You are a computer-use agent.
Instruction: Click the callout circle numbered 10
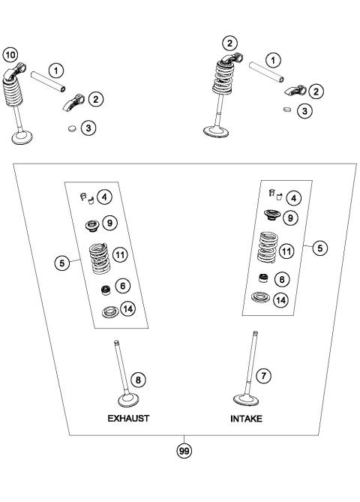pos(10,54)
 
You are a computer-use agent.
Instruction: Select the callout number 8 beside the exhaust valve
pos(136,380)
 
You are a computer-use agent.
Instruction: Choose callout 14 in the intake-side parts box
pos(280,299)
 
